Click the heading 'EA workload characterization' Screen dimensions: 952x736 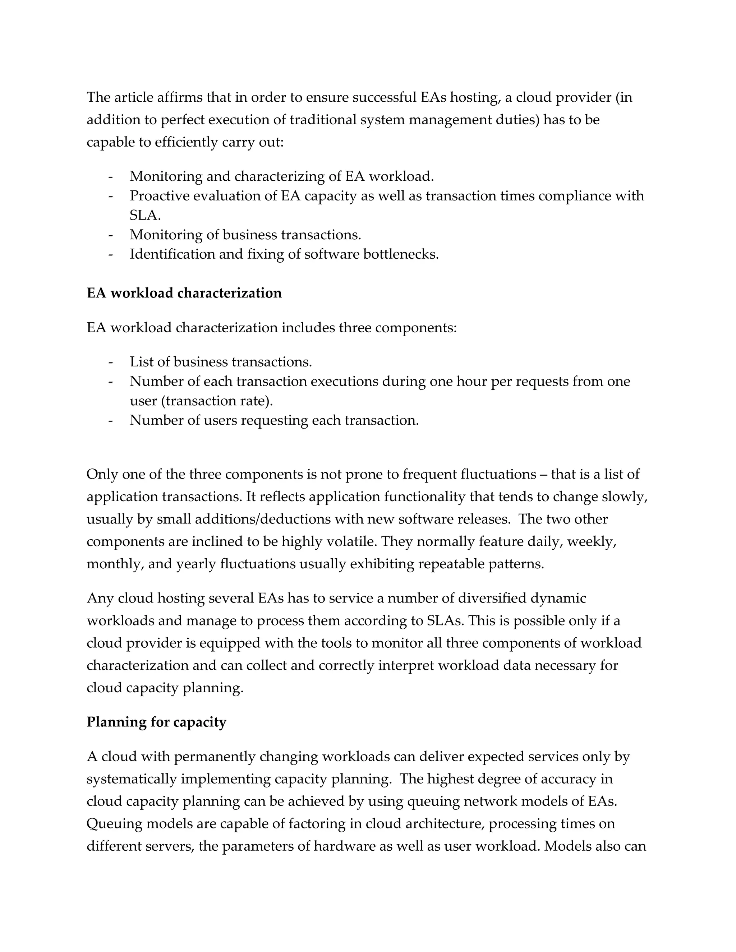click(184, 293)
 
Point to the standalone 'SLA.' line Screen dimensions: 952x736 click(145, 215)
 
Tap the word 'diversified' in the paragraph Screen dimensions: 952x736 click(492, 599)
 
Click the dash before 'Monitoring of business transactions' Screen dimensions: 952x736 click(111, 235)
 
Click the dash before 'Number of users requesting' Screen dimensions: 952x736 click(111, 421)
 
